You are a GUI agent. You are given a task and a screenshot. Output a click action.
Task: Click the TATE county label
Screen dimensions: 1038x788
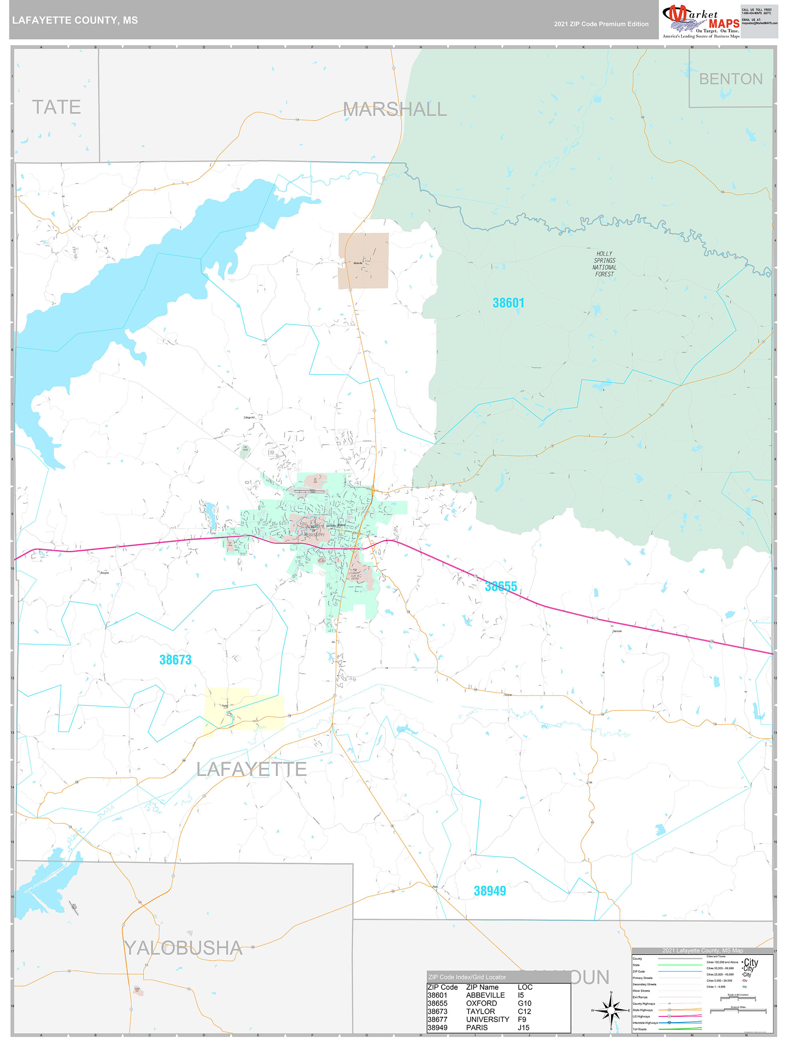click(x=56, y=107)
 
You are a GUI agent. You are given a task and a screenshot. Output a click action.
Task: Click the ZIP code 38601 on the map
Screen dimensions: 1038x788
click(x=508, y=303)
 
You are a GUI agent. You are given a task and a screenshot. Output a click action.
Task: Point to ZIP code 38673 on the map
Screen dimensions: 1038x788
click(x=175, y=660)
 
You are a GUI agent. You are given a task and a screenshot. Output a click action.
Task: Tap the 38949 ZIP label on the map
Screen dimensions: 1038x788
click(x=489, y=891)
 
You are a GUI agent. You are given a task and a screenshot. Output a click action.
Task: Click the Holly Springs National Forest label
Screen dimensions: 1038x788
click(x=604, y=264)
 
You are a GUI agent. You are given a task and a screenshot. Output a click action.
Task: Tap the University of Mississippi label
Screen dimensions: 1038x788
click(x=314, y=531)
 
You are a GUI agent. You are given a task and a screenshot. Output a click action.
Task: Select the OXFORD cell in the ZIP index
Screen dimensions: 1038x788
click(x=481, y=1003)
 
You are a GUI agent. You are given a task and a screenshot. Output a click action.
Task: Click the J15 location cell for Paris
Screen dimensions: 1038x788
click(x=523, y=1028)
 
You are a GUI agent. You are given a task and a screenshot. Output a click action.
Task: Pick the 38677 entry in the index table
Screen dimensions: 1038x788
click(x=437, y=1019)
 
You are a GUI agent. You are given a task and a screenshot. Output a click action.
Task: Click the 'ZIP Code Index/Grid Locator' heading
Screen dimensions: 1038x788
click(x=467, y=977)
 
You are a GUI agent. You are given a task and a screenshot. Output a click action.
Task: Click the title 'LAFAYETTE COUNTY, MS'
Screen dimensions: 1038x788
click(x=75, y=20)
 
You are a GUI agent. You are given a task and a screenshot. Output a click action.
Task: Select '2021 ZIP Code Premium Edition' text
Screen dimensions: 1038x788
click(x=601, y=24)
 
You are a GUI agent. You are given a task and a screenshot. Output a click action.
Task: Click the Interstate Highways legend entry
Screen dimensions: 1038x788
click(x=645, y=1022)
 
